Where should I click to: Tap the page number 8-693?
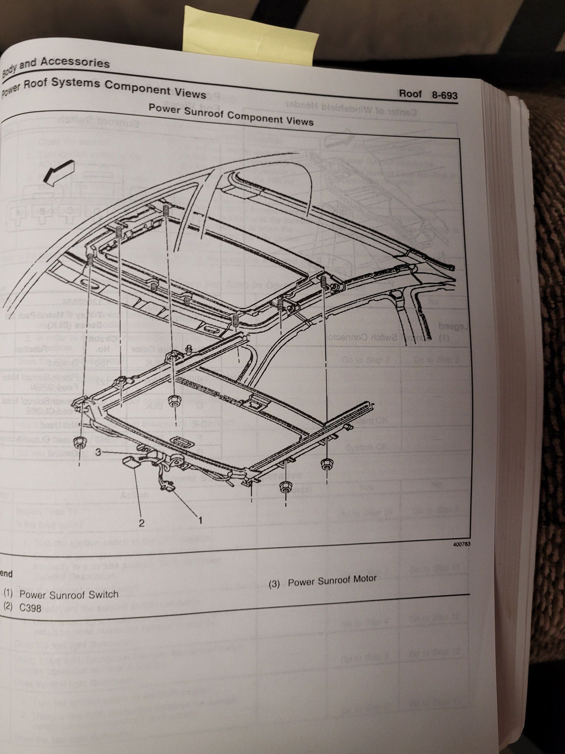point(444,95)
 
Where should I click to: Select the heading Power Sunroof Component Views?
point(231,115)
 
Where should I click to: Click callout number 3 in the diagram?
point(98,452)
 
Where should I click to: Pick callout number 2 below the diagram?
point(141,523)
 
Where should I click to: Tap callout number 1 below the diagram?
point(200,520)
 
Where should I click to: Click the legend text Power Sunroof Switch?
point(69,595)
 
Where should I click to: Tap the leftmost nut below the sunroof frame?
point(79,441)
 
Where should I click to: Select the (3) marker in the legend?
point(274,584)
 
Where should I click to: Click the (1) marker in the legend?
point(8,593)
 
